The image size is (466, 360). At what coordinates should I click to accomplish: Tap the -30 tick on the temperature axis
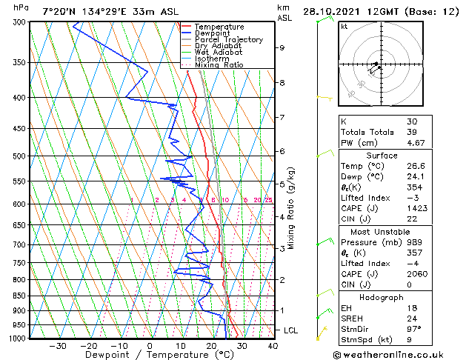tap(57, 345)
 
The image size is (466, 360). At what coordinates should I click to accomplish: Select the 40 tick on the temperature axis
tap(273, 345)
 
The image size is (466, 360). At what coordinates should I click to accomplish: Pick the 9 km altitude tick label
tap(282, 47)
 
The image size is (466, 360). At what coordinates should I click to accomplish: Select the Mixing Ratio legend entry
tap(219, 64)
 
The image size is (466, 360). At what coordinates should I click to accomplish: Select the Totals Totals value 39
tap(412, 132)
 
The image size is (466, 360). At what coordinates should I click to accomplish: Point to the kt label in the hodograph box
tap(344, 26)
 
